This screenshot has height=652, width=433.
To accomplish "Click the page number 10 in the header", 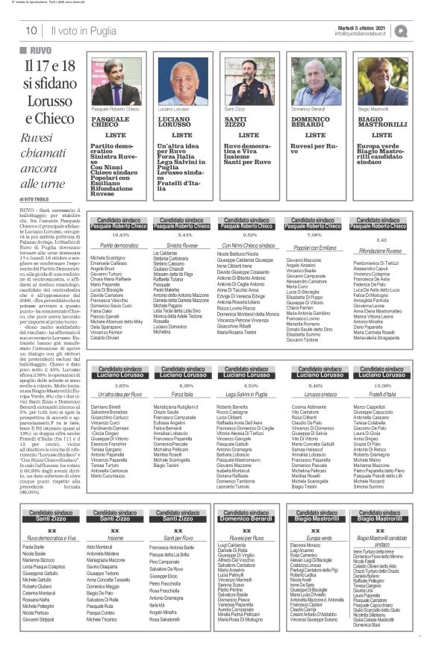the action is [31, 30].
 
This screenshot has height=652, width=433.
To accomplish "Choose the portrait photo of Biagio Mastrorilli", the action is [381, 81].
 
